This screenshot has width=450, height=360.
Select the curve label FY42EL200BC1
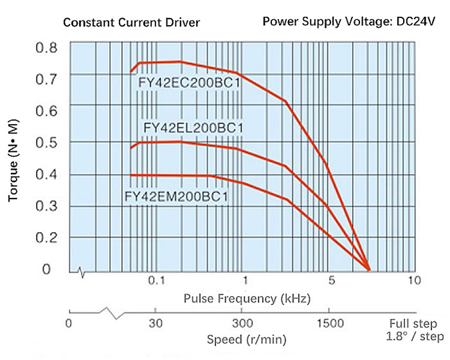[x=194, y=127]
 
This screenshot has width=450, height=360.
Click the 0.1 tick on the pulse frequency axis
[x=156, y=280]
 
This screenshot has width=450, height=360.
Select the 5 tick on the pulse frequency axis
[x=332, y=280]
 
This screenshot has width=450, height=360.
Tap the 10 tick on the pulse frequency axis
[x=414, y=280]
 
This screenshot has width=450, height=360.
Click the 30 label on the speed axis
[x=155, y=323]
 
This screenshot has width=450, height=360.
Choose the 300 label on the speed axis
[x=242, y=323]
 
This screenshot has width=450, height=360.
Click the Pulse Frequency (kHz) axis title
[x=247, y=298]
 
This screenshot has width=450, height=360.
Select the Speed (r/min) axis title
[x=246, y=339]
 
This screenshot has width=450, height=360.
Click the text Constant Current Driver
[x=131, y=23]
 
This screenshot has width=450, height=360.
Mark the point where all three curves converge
[x=368, y=269]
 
